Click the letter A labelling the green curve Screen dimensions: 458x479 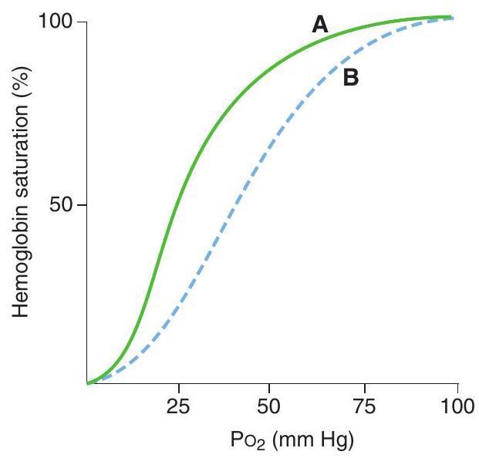coord(320,26)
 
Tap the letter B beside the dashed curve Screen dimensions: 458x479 coord(351,78)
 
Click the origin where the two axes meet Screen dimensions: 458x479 coord(87,383)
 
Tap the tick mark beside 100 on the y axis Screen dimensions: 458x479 coord(83,22)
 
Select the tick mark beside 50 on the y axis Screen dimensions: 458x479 coord(83,205)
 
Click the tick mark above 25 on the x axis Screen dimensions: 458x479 coord(179,387)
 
